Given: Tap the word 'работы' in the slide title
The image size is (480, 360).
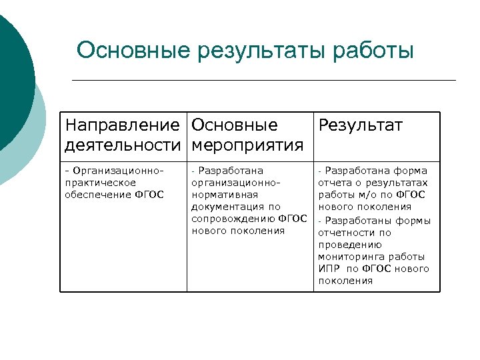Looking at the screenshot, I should point(375,51).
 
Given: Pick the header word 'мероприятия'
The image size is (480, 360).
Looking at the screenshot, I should point(247,145).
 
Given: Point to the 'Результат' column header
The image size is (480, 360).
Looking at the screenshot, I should point(361,125).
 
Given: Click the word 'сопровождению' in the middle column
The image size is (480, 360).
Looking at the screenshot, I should point(233,219).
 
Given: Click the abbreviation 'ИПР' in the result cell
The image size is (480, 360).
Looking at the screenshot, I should point(329,269).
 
